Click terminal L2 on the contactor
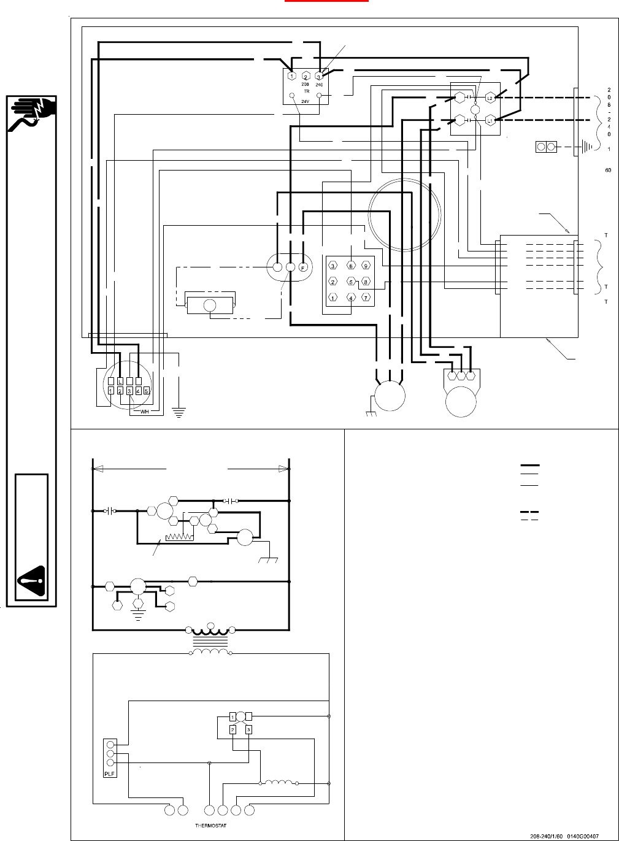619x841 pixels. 490,98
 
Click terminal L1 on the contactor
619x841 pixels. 490,121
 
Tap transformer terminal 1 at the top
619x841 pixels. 292,76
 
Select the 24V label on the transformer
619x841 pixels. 305,101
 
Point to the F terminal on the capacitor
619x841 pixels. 303,267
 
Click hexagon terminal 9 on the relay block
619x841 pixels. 366,266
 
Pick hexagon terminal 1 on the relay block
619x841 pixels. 333,298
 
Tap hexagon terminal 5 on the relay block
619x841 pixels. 351,282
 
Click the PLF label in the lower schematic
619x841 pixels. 110,774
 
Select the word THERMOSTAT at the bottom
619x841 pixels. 210,826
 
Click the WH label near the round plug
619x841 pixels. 145,412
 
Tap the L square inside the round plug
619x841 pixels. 120,382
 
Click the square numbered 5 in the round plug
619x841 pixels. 147,391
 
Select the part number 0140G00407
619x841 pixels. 582,835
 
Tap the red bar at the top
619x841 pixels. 326,1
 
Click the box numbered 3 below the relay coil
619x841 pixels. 248,729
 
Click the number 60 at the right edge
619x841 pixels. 608,170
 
